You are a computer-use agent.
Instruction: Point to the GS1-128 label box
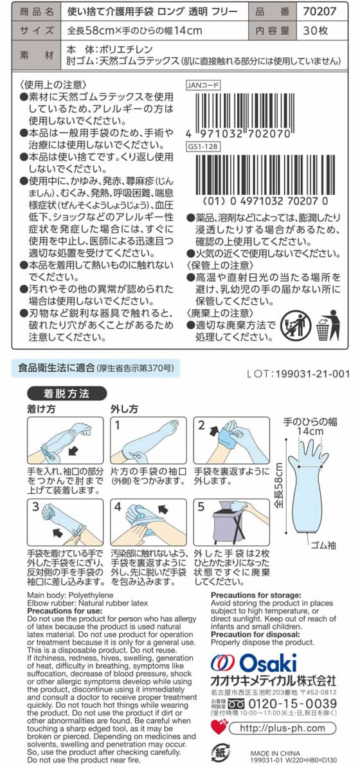tap(202, 146)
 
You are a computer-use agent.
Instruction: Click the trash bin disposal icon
tap(327, 325)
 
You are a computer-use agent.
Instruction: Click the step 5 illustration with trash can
tap(232, 523)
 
